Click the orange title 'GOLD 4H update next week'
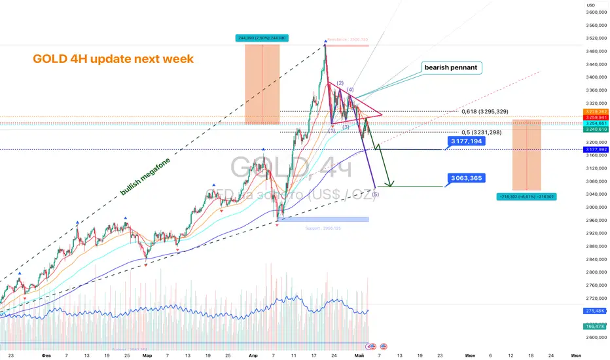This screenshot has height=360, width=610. pyautogui.click(x=113, y=59)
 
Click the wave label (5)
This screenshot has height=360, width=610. pyautogui.click(x=375, y=194)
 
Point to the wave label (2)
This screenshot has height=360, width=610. pyautogui.click(x=340, y=83)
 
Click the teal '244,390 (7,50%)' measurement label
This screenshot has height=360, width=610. pyautogui.click(x=262, y=38)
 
